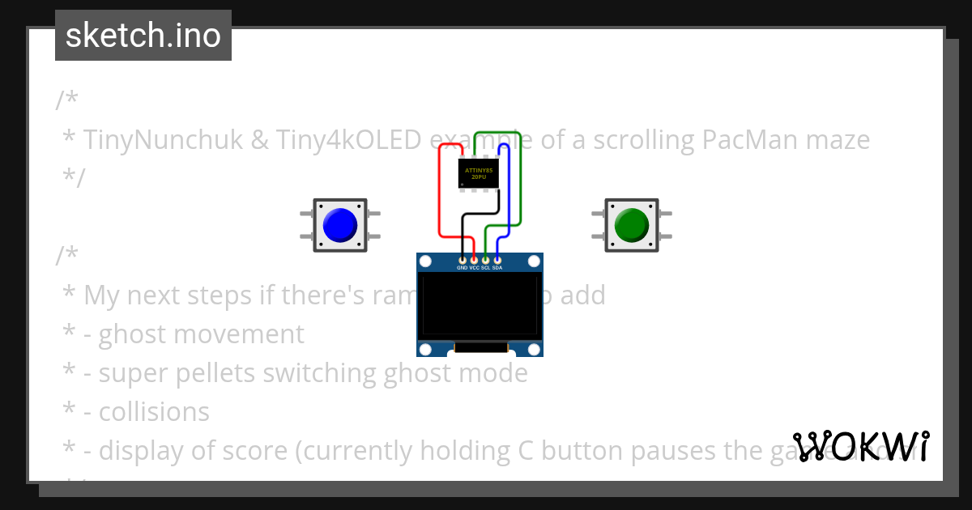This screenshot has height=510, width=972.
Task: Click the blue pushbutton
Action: coord(339,225)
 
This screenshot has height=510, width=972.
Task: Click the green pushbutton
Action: coord(631,225)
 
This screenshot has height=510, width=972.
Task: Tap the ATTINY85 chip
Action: coord(479,172)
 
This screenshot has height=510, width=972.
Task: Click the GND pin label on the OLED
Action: coord(462,267)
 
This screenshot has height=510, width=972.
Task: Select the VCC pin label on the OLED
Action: coord(474,267)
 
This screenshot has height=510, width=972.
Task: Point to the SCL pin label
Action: coord(485,267)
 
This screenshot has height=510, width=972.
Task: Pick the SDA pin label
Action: coord(497,267)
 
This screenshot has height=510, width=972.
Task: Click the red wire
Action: coord(439,194)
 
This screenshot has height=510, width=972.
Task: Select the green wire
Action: coord(519,178)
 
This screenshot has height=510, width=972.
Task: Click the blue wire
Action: coord(508,194)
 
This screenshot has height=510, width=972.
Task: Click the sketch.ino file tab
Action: coord(143,36)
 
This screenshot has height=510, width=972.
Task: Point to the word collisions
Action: coord(154,412)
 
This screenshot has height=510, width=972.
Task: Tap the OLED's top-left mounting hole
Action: coord(425,261)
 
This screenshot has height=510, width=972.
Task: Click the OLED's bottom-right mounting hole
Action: coord(534,349)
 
